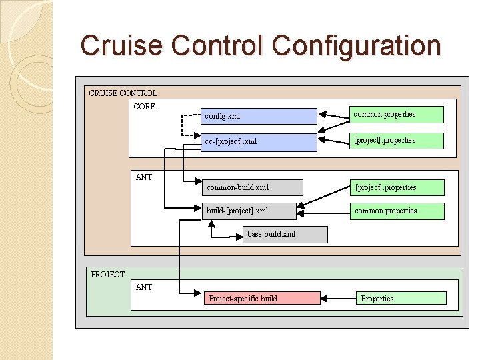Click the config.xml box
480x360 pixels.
pos(259,117)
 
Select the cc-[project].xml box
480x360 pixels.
pos(259,142)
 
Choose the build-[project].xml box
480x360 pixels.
pos(249,211)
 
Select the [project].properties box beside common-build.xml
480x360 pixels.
pos(398,187)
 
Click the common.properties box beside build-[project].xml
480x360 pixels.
pos(398,211)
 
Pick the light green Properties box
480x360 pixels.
pos(401,298)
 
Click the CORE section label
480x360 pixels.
pos(145,107)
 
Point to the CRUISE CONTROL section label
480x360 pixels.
pos(123,93)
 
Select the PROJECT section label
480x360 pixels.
pos(108,275)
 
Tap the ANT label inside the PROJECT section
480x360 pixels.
pos(144,287)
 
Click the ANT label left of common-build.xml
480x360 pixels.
pos(144,177)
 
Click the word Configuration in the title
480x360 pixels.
pos(357,46)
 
